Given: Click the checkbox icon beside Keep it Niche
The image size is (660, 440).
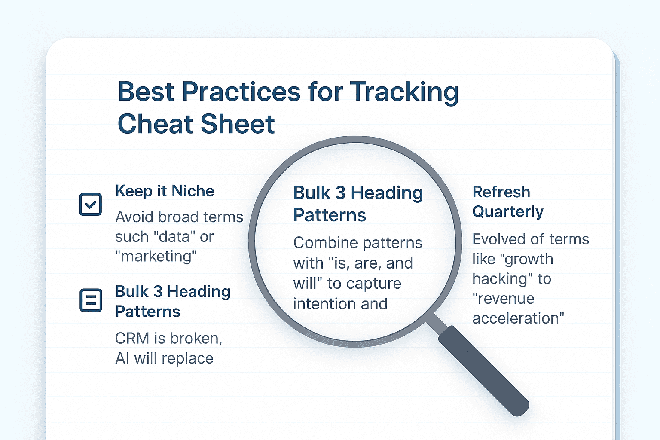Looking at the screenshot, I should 91,204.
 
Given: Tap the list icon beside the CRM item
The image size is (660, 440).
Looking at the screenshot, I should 91,300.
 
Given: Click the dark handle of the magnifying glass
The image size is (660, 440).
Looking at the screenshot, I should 483,370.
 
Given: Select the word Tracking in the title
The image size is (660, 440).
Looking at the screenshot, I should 404,92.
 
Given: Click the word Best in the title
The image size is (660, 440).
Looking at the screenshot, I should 146,92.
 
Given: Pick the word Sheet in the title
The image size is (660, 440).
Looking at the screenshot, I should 238,124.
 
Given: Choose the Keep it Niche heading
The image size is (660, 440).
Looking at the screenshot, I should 165,191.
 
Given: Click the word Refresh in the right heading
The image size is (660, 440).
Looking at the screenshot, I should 501,192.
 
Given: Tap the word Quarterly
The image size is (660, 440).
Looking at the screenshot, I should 508,211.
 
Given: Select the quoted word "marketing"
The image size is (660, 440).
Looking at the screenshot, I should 156,256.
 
